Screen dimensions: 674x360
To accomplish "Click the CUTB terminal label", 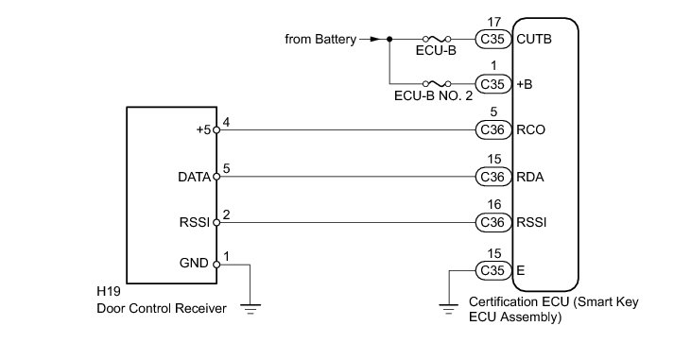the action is [534, 39].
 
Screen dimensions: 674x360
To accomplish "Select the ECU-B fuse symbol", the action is [437, 39].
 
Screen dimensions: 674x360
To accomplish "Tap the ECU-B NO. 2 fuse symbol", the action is [437, 83].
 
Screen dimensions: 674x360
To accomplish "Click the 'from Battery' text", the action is [320, 39].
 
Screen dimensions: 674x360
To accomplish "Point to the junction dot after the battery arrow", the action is [389, 39].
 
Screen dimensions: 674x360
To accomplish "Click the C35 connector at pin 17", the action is [493, 39].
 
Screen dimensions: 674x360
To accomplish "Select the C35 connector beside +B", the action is [493, 84].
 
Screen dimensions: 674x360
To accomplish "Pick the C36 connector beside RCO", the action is [493, 129].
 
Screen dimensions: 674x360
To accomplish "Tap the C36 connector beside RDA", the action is [493, 177].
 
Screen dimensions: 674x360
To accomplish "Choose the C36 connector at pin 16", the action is [493, 222].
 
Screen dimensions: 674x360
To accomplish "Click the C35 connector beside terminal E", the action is [493, 270].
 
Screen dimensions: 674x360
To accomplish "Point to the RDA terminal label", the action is [530, 177].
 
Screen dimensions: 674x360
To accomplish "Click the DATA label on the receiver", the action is [195, 177].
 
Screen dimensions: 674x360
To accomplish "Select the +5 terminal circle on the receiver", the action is [216, 130].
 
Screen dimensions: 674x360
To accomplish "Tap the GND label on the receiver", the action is [194, 263].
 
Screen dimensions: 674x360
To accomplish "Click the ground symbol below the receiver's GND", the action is [251, 309].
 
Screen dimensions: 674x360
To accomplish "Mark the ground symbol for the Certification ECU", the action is [449, 309].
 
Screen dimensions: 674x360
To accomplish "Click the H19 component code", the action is [109, 291].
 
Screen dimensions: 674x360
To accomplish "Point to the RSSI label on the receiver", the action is [195, 223].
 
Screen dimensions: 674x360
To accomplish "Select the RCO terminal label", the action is [530, 129].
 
